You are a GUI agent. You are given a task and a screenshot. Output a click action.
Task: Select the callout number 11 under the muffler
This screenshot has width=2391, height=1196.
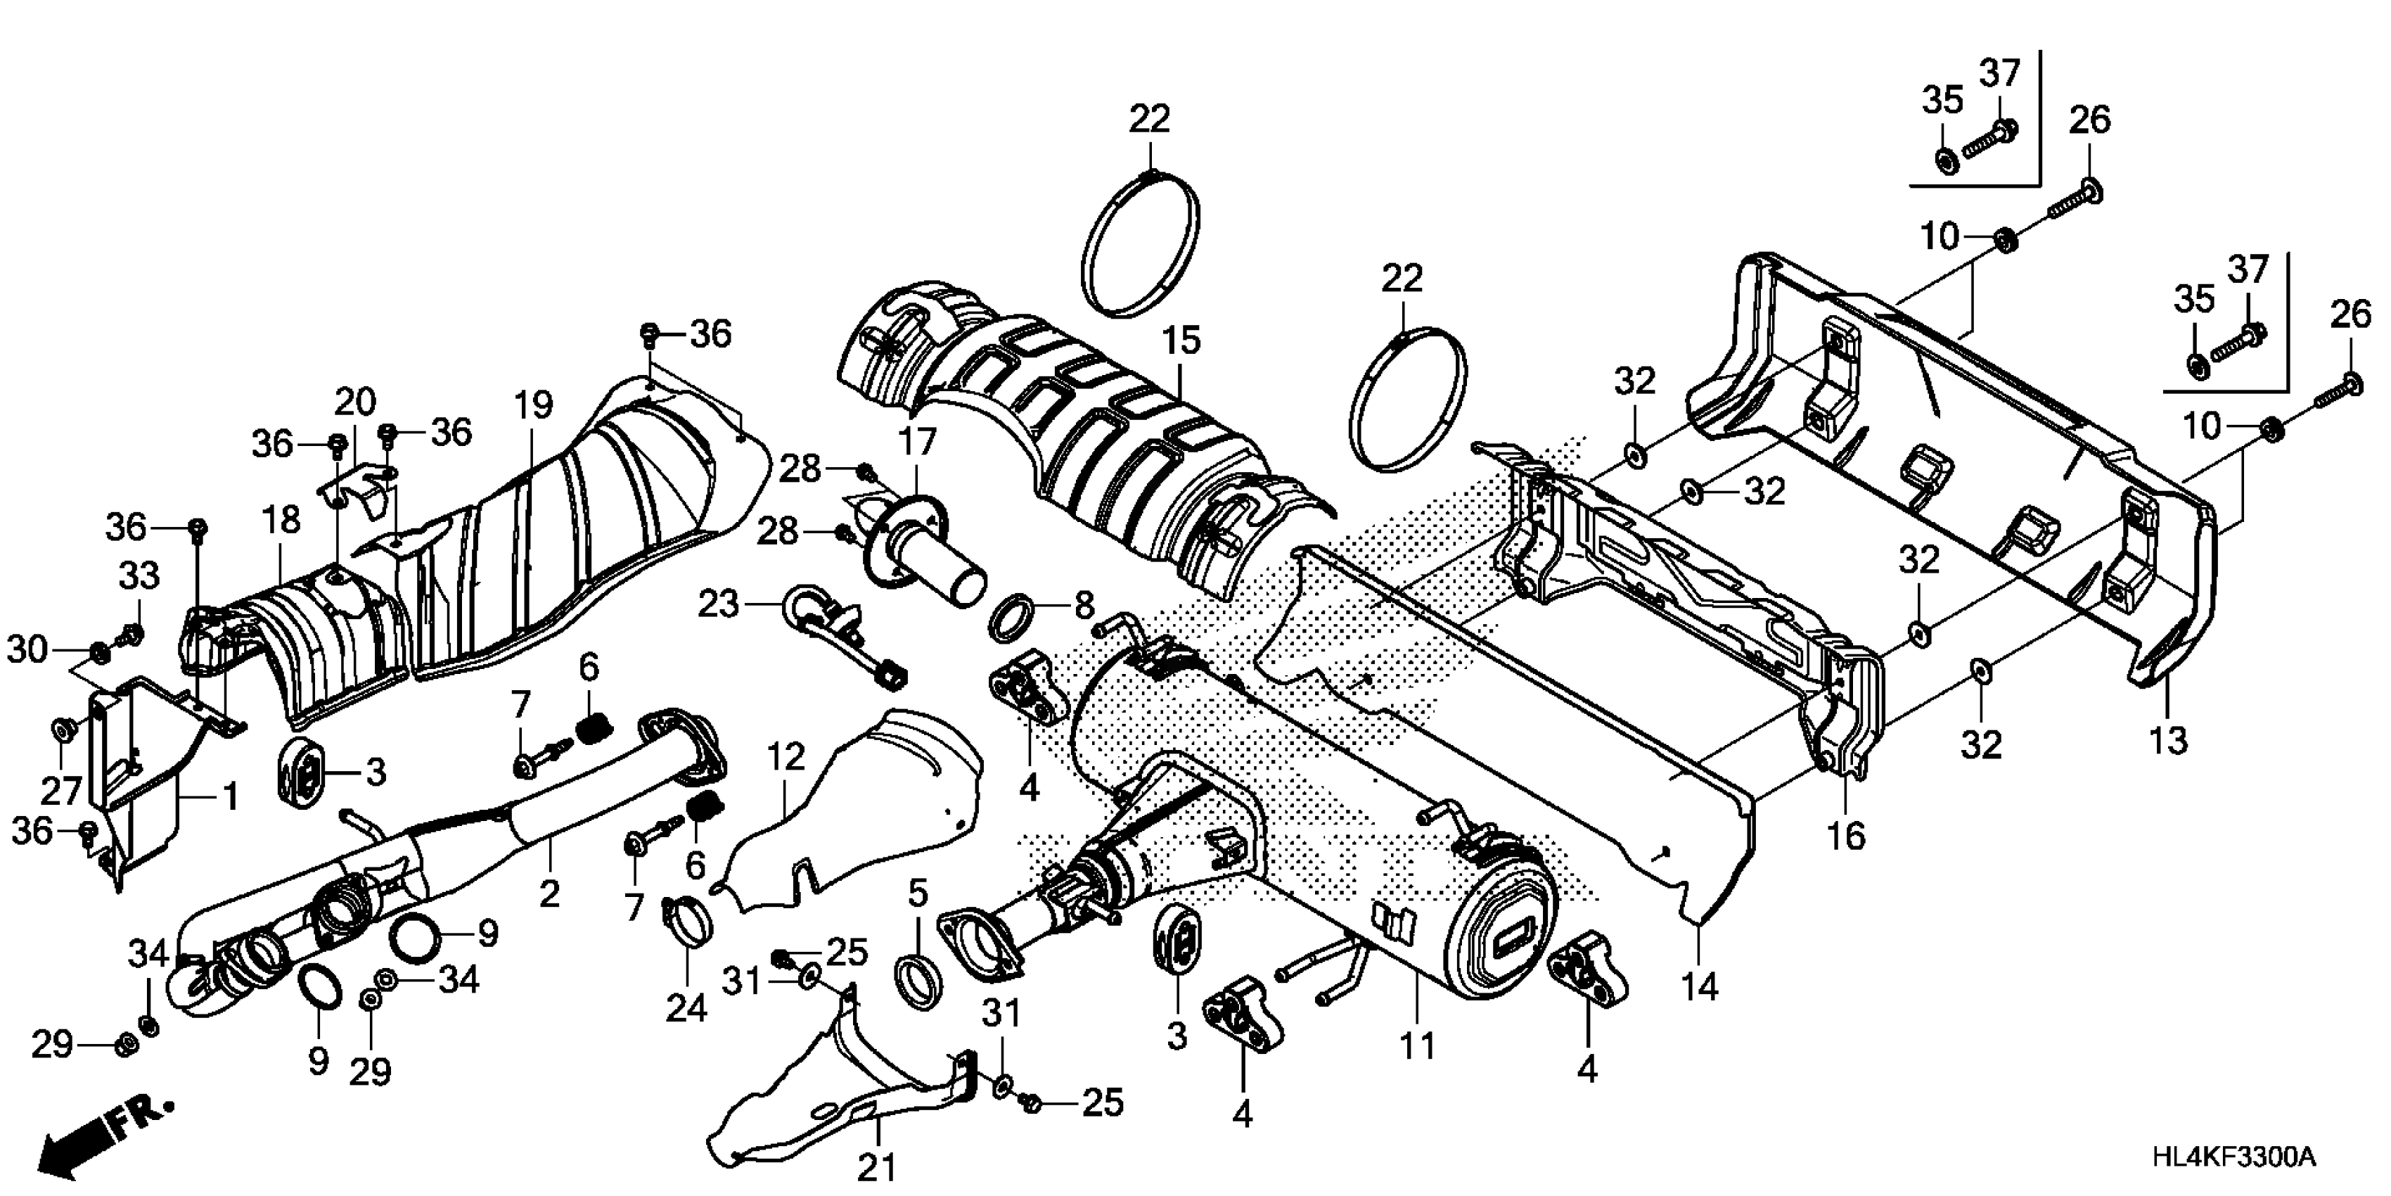pyautogui.click(x=1416, y=1045)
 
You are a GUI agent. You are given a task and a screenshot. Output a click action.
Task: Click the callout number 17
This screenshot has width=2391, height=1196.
pyautogui.click(x=917, y=441)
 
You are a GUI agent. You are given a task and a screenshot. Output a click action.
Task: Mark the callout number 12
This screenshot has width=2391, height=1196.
pyautogui.click(x=786, y=758)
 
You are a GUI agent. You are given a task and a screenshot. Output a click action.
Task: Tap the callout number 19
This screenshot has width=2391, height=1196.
pyautogui.click(x=533, y=405)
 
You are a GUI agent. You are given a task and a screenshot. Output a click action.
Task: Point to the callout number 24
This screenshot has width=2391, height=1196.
pyautogui.click(x=687, y=1007)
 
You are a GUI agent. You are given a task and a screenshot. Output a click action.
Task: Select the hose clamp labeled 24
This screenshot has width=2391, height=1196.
pyautogui.click(x=688, y=922)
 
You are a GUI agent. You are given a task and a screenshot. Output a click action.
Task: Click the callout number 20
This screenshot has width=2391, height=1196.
pyautogui.click(x=354, y=402)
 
